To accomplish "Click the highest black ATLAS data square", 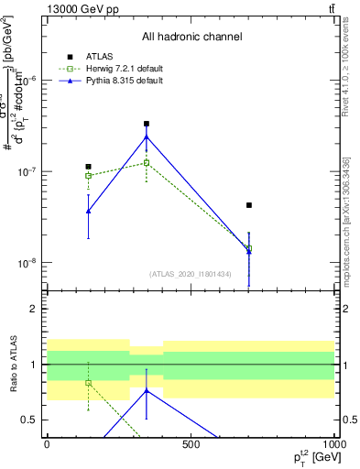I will [x=147, y=124].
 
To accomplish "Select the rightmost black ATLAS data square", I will [x=249, y=205].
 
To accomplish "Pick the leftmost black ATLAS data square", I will [x=88, y=167].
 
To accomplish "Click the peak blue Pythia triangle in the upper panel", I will [x=147, y=137].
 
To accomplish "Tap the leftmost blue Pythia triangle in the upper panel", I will [x=88, y=212].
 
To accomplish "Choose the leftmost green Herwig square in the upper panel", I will [x=88, y=175].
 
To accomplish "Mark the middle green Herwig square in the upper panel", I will [x=147, y=163].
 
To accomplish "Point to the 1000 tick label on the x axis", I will [x=333, y=444].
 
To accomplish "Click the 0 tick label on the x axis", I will [x=47, y=444].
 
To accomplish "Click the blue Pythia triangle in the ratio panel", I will [x=147, y=390].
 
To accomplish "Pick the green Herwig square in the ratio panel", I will [x=88, y=383].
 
